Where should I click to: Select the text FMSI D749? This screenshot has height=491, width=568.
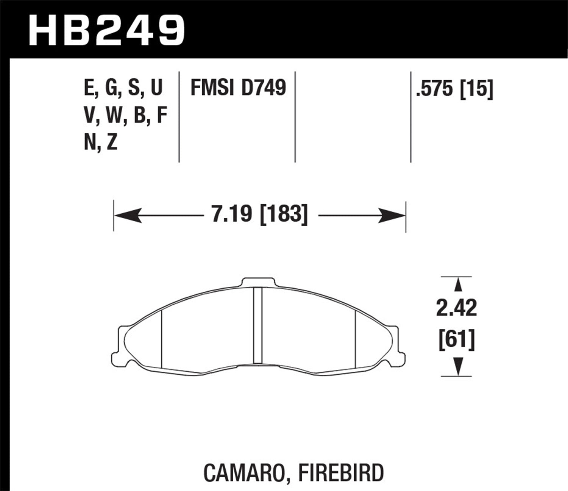tap(238, 88)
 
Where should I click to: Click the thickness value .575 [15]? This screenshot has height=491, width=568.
tap(454, 89)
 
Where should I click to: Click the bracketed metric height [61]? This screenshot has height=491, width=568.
tap(456, 339)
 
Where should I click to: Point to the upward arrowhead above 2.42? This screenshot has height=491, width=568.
tap(457, 285)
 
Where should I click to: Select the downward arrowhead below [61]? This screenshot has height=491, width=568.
tap(457, 366)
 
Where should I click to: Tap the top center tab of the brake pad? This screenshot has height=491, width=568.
tap(257, 283)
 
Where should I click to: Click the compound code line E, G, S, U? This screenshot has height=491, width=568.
tap(123, 88)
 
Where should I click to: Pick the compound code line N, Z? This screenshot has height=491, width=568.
tap(101, 143)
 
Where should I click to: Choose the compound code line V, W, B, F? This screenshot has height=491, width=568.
tap(125, 116)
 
